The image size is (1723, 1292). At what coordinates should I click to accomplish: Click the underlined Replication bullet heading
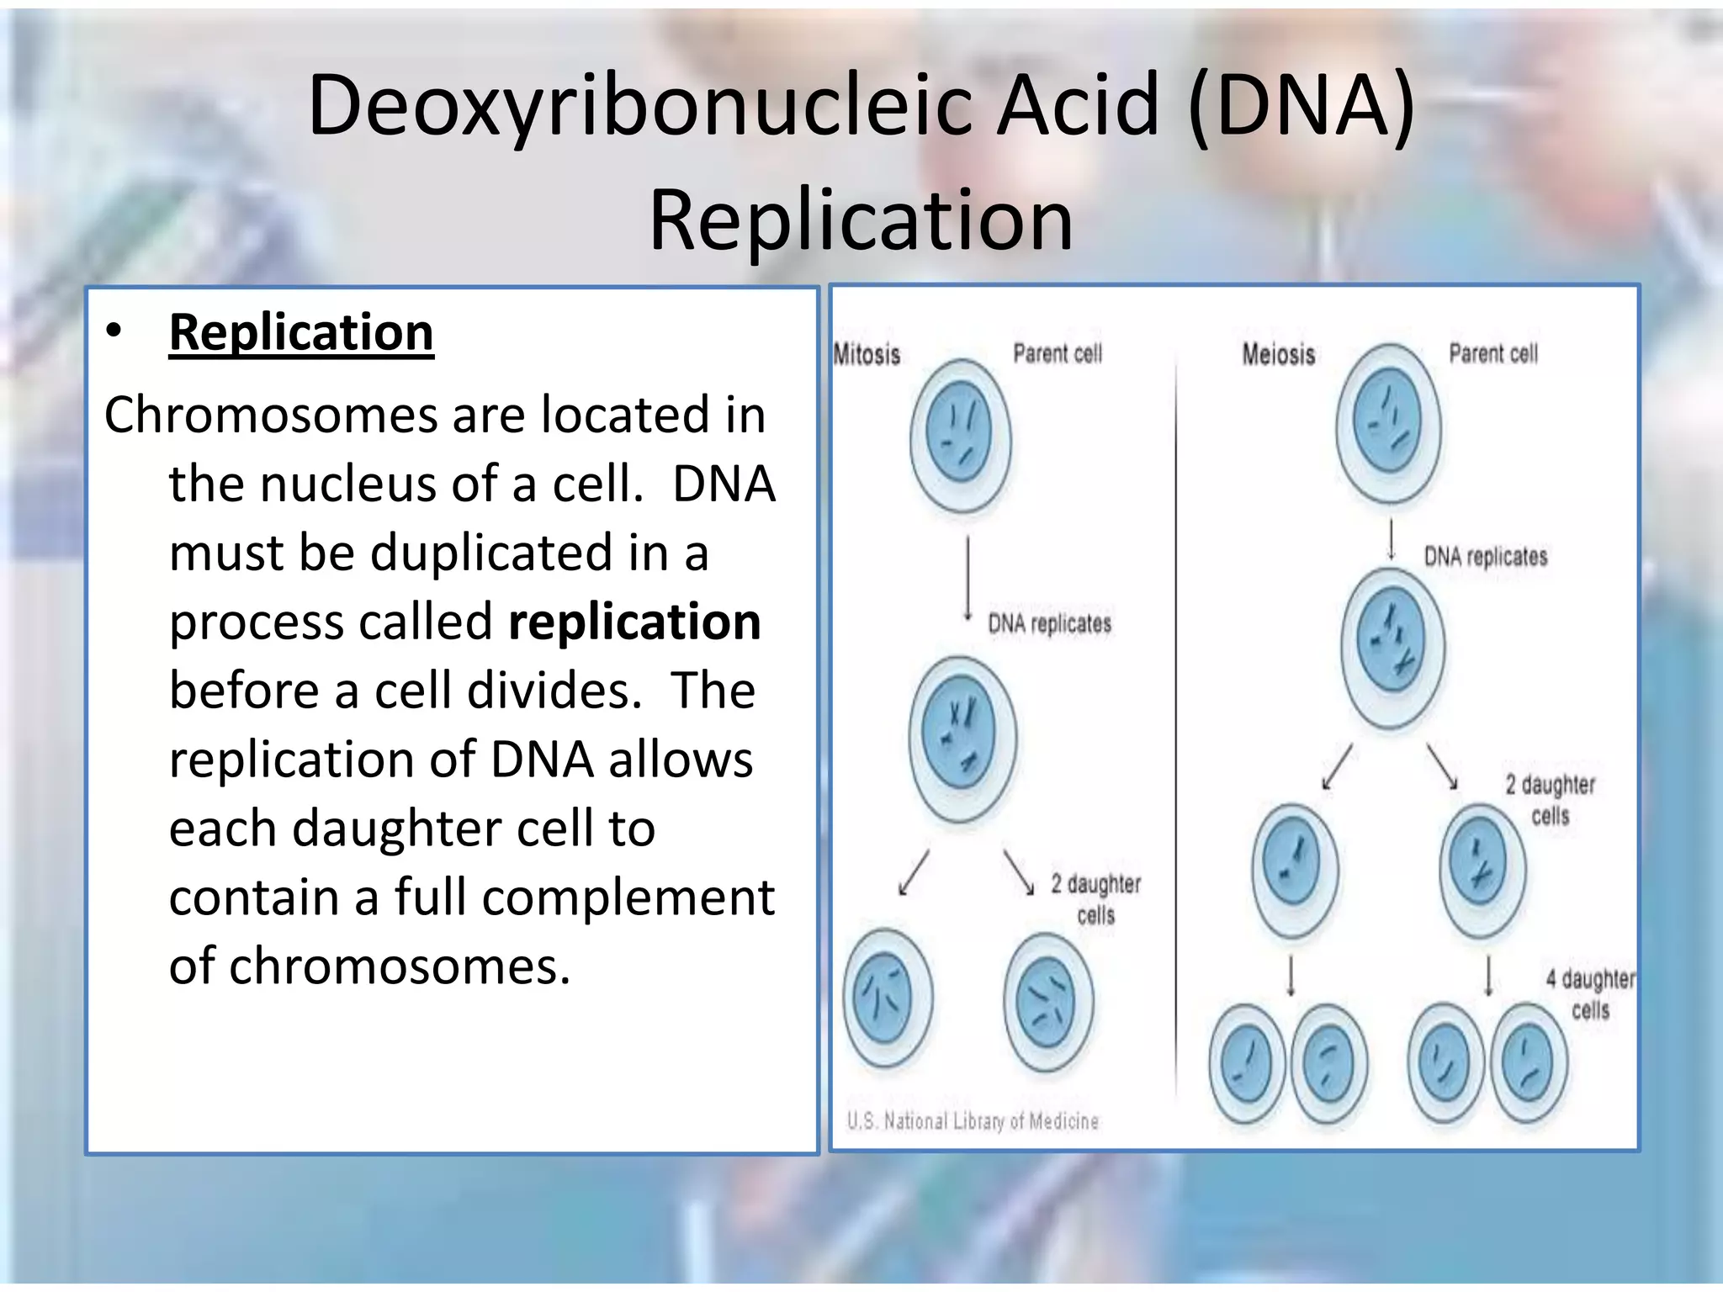click(301, 333)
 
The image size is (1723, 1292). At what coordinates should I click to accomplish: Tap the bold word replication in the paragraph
click(634, 622)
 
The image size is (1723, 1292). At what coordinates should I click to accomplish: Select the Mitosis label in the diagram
click(867, 354)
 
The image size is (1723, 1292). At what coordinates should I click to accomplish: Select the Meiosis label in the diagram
click(1279, 354)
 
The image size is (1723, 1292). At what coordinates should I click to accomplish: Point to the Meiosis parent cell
click(1388, 422)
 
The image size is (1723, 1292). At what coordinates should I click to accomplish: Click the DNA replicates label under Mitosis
click(1049, 623)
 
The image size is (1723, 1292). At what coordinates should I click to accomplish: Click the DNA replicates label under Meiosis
click(1486, 556)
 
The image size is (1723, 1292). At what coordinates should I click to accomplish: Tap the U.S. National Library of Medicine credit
click(973, 1121)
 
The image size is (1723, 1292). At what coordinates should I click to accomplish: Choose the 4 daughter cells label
click(1590, 994)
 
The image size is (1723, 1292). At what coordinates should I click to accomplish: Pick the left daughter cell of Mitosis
click(887, 998)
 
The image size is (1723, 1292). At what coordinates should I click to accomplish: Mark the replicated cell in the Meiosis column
click(1393, 646)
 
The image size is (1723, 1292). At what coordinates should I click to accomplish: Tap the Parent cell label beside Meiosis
click(1492, 353)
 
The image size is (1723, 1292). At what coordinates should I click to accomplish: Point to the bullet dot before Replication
click(114, 331)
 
